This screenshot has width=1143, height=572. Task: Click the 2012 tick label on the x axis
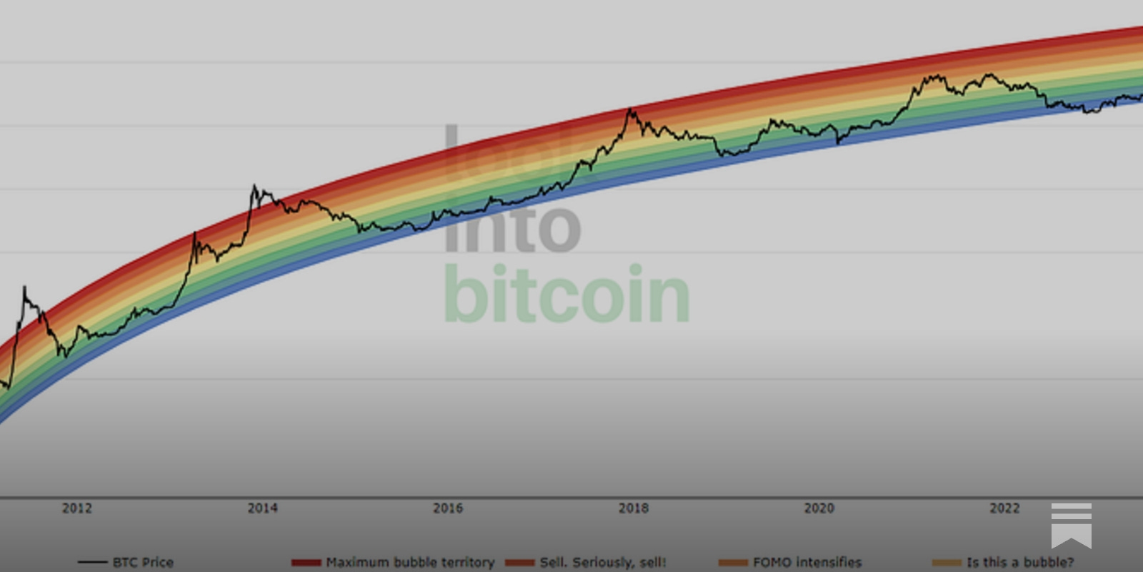(x=76, y=508)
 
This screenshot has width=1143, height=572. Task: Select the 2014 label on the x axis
(x=262, y=508)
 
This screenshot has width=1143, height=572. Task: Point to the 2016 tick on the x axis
(x=448, y=508)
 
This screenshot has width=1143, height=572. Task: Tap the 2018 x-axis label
(x=634, y=508)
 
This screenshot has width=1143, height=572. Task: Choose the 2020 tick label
(x=819, y=508)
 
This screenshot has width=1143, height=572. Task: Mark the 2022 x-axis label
(x=1004, y=508)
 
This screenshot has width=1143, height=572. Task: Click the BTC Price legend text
(x=143, y=562)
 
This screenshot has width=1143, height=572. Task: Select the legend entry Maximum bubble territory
(x=410, y=562)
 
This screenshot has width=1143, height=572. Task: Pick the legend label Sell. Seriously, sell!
(x=603, y=562)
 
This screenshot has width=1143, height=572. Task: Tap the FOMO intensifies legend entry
(x=807, y=562)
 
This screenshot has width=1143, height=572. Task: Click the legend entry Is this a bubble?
(x=1020, y=562)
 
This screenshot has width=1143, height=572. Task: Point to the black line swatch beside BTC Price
(x=92, y=563)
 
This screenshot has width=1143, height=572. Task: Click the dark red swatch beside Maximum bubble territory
(x=306, y=563)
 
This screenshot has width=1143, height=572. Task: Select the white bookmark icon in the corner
(x=1071, y=525)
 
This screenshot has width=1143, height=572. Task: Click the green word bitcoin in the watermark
(x=566, y=295)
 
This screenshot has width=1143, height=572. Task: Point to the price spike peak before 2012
(x=24, y=287)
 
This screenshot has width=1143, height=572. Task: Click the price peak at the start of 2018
(x=629, y=109)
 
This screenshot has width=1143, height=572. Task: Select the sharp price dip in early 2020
(x=838, y=142)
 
